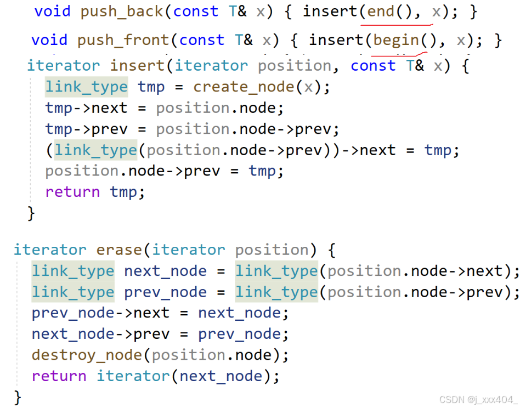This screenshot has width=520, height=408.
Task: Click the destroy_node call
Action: click(x=88, y=355)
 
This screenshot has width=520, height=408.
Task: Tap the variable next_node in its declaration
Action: click(x=165, y=271)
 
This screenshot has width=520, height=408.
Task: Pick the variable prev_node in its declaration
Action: click(x=165, y=292)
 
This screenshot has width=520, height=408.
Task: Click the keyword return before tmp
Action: click(x=72, y=191)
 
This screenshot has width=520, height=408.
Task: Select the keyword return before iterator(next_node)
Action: click(x=59, y=376)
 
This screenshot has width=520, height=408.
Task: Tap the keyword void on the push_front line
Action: click(x=49, y=40)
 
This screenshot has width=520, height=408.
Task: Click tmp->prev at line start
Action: click(x=86, y=129)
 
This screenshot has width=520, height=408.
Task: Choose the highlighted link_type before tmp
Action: click(x=86, y=87)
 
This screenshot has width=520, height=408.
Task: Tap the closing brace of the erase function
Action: click(x=18, y=396)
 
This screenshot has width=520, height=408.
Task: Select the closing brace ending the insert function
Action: click(x=31, y=213)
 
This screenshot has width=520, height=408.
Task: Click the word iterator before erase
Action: click(x=50, y=250)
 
